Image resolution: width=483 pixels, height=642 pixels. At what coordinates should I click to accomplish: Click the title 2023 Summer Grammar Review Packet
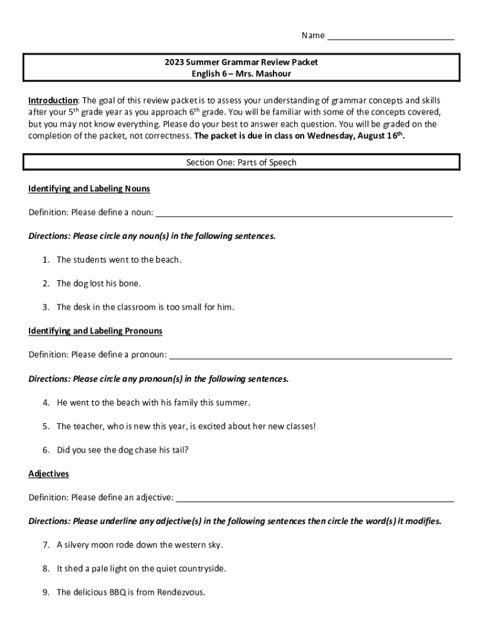coord(242,62)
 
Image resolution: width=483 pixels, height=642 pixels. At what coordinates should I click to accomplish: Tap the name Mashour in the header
coord(272,74)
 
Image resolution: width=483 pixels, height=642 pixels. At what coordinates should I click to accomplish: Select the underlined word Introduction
coord(53,100)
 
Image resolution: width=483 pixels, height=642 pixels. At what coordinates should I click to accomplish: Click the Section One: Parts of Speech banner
coord(242,162)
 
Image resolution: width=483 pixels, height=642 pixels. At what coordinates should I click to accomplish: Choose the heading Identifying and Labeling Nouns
coord(89,189)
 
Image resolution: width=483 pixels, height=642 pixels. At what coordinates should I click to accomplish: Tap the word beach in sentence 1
coord(167,260)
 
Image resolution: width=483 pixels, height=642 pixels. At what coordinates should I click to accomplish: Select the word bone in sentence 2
coord(130,283)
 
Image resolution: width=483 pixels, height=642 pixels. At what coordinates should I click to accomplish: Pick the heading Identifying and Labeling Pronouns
coord(95,330)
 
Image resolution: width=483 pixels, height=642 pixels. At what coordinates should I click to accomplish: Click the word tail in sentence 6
coord(180,450)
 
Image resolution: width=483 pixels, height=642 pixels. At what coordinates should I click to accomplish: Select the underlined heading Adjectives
coord(48,473)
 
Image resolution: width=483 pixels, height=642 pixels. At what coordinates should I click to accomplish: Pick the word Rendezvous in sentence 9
coord(181,592)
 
